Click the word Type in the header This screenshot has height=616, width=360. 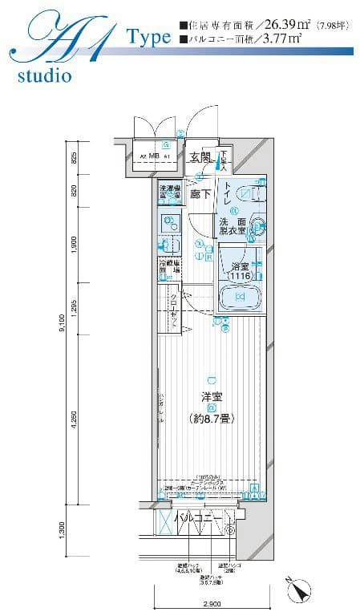pos(148,37)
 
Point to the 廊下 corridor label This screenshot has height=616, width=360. pos(200,193)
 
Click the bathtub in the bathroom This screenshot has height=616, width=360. pos(240,298)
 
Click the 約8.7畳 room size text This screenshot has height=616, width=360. pos(211,418)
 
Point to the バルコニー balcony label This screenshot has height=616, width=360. pos(194,518)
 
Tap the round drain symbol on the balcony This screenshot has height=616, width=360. pos(231,529)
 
